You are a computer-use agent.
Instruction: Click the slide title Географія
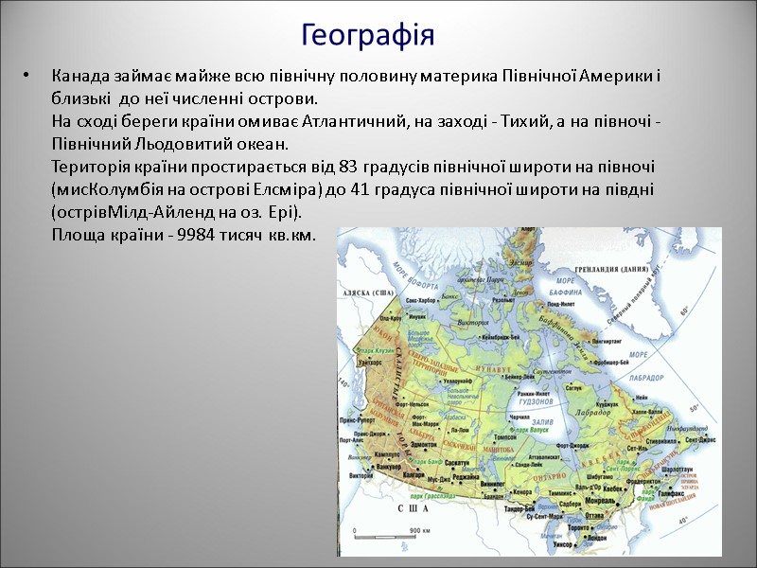(367, 36)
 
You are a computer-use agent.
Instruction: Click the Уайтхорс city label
(368, 361)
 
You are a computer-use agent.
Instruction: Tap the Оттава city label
(593, 515)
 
